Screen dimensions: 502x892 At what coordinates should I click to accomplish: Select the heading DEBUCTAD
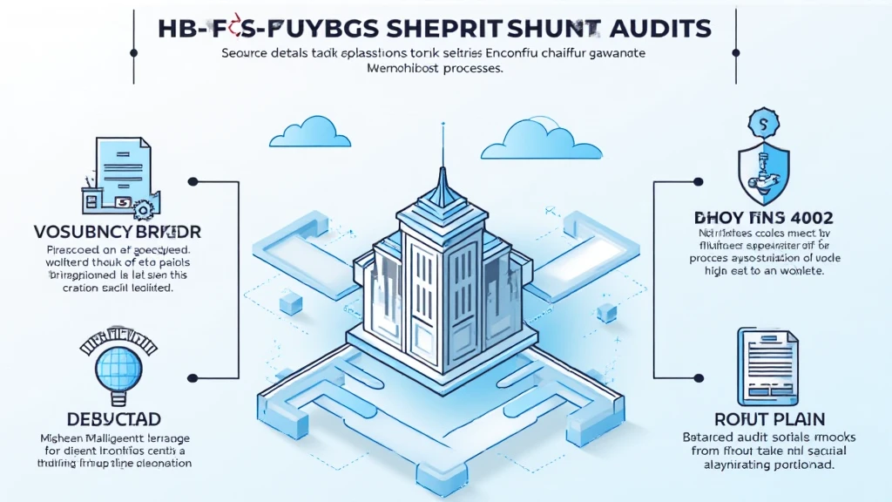[110, 419]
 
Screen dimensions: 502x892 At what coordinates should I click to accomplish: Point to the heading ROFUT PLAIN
[763, 419]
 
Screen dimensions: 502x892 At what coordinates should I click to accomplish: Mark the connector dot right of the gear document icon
[193, 183]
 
